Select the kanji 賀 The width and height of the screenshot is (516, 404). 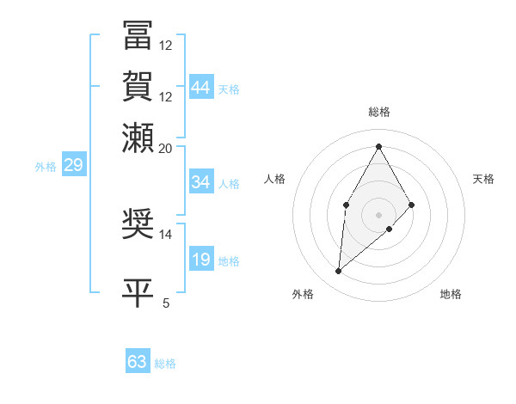138,86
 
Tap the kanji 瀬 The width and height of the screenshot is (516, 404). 138,138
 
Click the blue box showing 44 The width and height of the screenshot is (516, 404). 201,88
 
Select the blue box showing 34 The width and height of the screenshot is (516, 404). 201,182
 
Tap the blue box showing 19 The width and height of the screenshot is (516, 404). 201,260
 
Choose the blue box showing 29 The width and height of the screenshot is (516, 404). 73,165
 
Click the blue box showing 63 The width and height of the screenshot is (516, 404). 138,362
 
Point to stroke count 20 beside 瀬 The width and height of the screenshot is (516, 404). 166,148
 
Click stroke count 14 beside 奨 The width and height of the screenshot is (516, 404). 166,234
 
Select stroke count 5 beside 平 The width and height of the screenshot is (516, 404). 166,303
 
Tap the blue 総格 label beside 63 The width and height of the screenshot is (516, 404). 165,364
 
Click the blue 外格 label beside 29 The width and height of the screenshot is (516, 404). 45,167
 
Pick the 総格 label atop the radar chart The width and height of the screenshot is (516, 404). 378,112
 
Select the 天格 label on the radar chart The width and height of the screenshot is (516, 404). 483,179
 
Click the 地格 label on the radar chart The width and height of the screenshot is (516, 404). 451,294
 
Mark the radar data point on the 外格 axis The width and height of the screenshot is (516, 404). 339,272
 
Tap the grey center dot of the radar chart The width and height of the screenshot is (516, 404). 378,214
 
